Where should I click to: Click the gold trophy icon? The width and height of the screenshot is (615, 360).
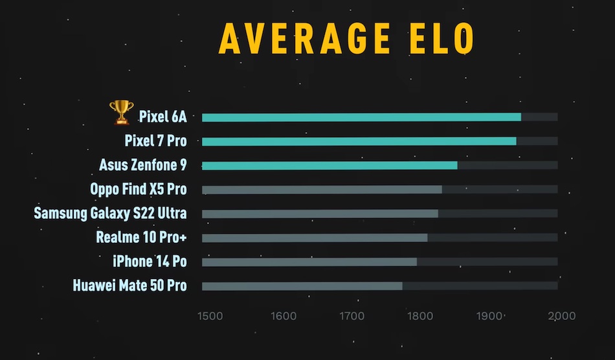click(121, 113)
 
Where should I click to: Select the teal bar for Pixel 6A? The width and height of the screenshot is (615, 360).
click(361, 117)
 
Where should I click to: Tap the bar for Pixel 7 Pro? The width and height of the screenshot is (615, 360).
click(359, 141)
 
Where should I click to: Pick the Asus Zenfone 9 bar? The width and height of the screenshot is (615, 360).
click(330, 166)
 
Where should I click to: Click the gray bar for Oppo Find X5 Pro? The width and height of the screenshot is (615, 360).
click(322, 190)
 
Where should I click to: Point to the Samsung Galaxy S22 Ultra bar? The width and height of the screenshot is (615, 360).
click(320, 214)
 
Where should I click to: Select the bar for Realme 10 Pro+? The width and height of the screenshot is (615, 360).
click(315, 238)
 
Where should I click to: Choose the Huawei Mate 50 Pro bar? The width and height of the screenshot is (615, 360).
click(302, 286)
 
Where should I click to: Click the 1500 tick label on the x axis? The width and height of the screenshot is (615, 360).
click(210, 316)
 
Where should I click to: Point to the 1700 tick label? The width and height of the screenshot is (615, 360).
click(351, 316)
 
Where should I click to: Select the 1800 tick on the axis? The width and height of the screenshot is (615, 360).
click(421, 316)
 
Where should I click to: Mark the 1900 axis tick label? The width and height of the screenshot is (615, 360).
click(491, 316)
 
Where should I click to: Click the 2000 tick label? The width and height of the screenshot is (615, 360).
click(561, 316)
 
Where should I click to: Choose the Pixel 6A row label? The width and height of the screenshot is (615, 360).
click(162, 117)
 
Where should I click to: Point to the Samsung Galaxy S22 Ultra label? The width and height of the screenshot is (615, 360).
click(110, 213)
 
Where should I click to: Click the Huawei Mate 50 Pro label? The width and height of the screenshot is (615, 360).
click(129, 285)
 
